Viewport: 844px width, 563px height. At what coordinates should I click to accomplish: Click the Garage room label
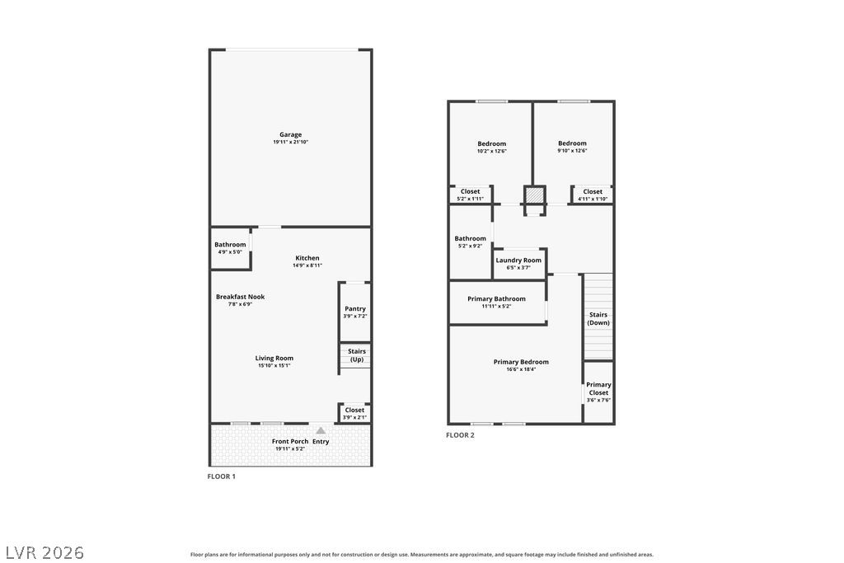(x=291, y=134)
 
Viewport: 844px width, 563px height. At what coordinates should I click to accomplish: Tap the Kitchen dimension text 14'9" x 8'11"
(x=307, y=265)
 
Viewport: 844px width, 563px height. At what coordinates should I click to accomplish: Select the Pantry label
(x=355, y=308)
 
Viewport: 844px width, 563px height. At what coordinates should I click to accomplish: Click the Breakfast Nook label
(x=240, y=297)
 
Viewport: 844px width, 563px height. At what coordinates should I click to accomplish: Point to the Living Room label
(x=274, y=358)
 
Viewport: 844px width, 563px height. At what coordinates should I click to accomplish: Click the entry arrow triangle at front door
(x=321, y=430)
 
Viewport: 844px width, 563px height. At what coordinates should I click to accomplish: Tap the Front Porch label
(x=290, y=441)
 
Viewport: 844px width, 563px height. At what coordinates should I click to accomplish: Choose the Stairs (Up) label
(x=357, y=355)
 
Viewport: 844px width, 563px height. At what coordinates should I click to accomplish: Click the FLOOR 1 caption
(x=221, y=476)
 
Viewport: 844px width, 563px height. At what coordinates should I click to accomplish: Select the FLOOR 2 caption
(x=460, y=435)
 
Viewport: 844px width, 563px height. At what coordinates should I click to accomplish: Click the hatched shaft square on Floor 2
(x=534, y=195)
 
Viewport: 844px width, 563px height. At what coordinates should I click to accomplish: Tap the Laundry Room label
(x=518, y=260)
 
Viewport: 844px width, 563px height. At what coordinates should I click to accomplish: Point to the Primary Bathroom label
(x=496, y=298)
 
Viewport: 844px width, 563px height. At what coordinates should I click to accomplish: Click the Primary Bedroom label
(x=521, y=362)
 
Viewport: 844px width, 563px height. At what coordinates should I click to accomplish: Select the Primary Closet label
(x=598, y=388)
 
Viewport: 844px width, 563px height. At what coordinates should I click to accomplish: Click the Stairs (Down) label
(x=598, y=319)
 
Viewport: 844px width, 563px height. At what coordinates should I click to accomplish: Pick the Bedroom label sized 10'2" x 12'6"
(x=492, y=143)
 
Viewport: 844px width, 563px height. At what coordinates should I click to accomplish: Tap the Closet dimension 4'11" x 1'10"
(x=593, y=199)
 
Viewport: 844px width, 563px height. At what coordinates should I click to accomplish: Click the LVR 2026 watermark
(x=45, y=553)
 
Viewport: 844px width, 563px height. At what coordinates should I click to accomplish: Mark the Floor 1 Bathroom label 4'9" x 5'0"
(x=230, y=247)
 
